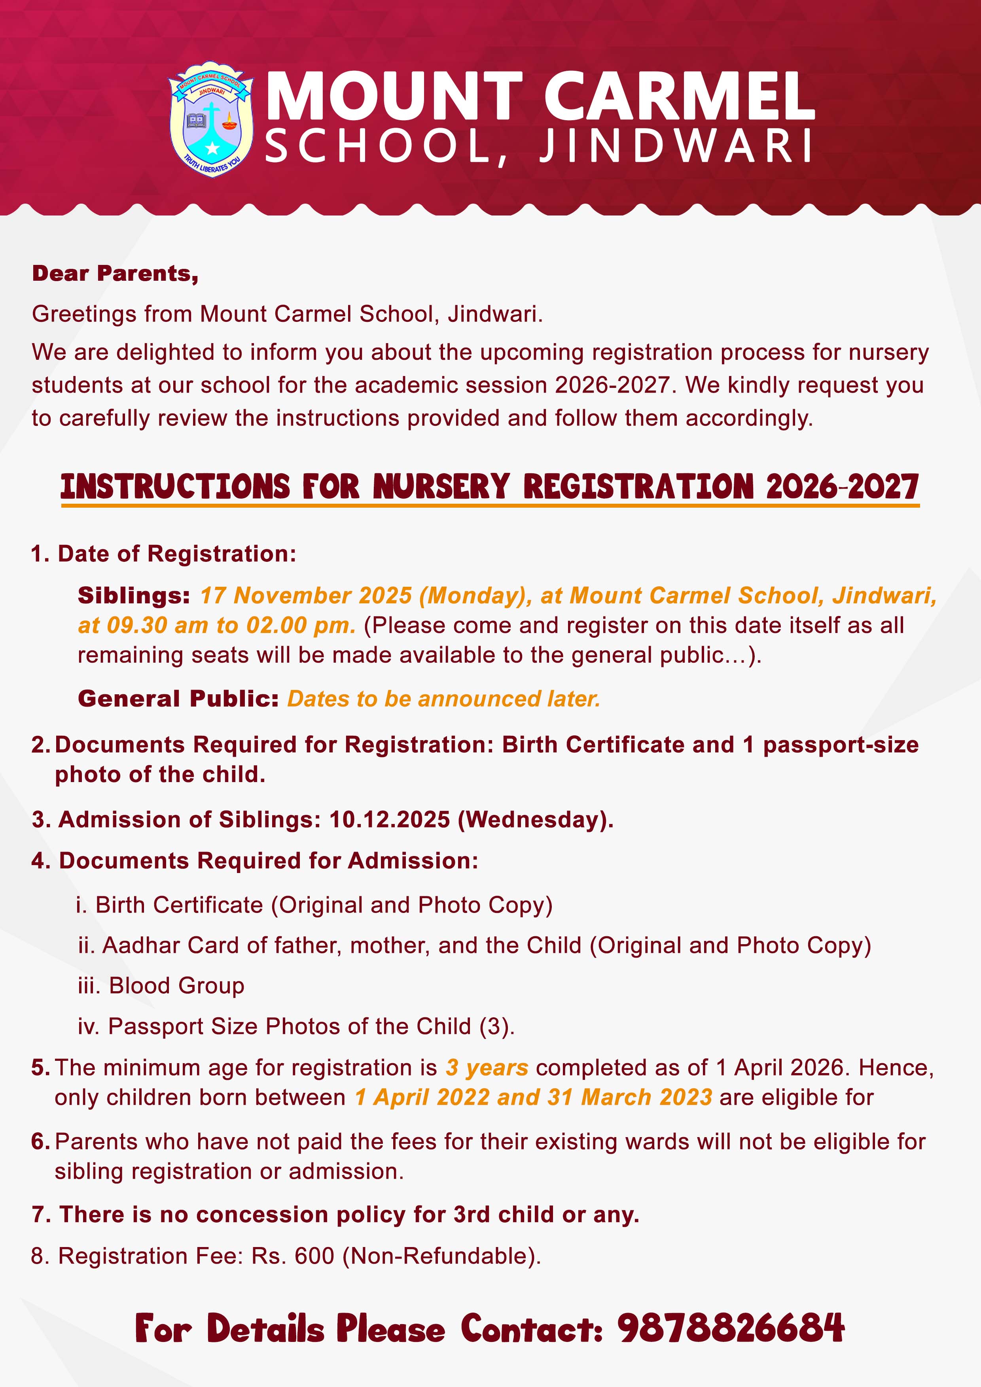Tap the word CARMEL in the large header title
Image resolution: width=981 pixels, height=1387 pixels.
click(680, 96)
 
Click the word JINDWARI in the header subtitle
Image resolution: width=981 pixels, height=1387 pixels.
click(676, 147)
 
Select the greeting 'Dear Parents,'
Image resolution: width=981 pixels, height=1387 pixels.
click(115, 274)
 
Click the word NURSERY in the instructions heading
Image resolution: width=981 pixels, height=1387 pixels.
click(441, 486)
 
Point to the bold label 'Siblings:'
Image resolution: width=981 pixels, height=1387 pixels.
click(134, 595)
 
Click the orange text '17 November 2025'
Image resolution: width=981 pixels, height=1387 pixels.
click(306, 595)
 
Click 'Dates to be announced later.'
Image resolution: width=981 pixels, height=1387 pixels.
click(444, 699)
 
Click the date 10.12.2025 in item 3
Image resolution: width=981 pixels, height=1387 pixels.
click(389, 820)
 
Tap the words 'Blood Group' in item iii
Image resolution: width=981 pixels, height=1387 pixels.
click(176, 985)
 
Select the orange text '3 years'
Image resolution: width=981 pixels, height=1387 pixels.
click(487, 1068)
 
